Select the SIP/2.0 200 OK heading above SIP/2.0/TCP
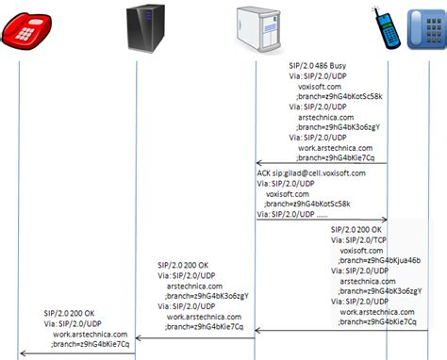click(356, 229)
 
